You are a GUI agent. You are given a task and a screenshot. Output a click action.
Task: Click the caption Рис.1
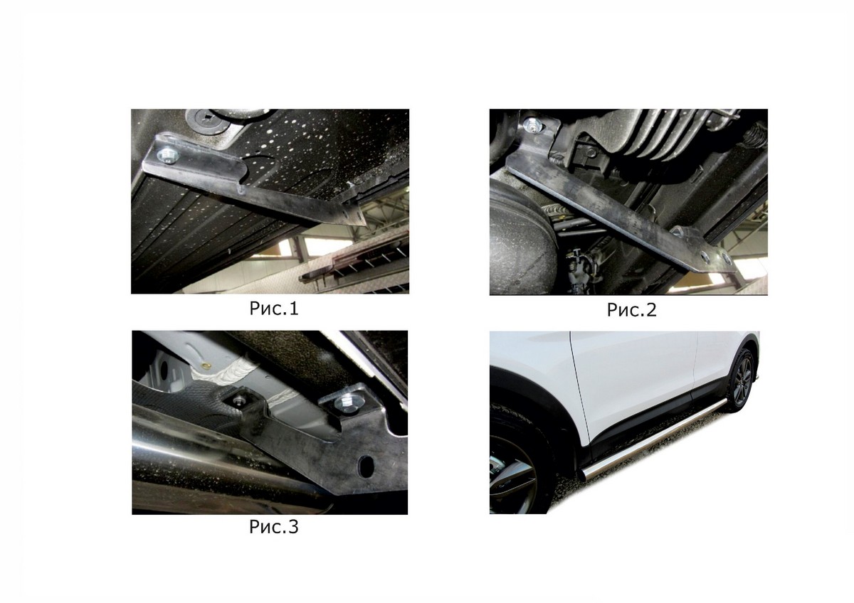click(x=274, y=309)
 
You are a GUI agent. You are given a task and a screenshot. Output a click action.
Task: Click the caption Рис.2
click(x=632, y=310)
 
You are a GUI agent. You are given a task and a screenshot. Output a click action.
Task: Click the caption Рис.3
click(x=274, y=527)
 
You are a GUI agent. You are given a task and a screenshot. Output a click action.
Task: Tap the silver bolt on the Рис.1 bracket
click(x=167, y=155)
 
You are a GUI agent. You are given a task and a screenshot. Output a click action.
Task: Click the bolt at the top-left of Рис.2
click(x=532, y=125)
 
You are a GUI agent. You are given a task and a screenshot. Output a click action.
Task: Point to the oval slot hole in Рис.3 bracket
click(x=367, y=466)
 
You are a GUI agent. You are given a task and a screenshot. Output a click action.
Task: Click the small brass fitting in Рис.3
click(x=207, y=366)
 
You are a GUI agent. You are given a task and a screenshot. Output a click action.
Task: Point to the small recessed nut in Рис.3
click(x=239, y=400)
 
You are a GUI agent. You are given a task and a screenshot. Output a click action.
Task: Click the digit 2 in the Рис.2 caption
click(x=651, y=309)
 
